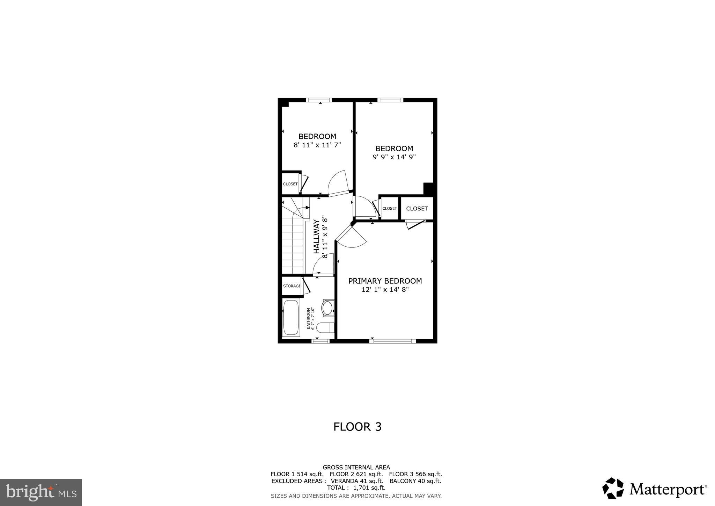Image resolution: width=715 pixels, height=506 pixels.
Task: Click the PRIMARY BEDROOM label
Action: (385, 281)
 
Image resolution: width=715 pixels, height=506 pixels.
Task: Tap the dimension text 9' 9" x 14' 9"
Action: (394, 157)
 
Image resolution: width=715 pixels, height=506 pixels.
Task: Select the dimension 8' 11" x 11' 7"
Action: (317, 145)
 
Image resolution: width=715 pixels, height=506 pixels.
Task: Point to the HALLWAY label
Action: (316, 237)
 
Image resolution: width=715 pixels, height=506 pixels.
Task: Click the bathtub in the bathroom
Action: (290, 318)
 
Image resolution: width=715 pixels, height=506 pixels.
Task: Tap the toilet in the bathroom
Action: (325, 328)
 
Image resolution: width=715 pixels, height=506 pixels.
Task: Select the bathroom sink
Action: (327, 308)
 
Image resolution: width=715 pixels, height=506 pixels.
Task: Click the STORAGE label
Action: (292, 286)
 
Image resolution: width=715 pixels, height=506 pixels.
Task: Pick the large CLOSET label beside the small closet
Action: (417, 209)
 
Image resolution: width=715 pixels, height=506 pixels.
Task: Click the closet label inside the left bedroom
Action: (290, 184)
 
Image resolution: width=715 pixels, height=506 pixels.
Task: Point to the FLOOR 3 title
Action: (357, 427)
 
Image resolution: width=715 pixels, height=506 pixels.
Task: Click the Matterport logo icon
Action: (613, 488)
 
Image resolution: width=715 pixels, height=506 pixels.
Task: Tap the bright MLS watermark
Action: (41, 493)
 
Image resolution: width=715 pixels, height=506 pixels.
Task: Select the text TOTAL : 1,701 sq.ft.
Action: (356, 488)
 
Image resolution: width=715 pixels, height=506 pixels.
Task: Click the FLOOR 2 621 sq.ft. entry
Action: (356, 474)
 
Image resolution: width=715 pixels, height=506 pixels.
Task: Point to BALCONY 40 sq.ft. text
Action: (415, 481)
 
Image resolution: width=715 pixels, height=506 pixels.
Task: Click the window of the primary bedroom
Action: (392, 341)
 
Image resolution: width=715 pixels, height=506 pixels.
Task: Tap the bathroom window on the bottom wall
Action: (320, 341)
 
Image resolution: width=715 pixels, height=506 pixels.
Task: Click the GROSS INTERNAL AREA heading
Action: (356, 467)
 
